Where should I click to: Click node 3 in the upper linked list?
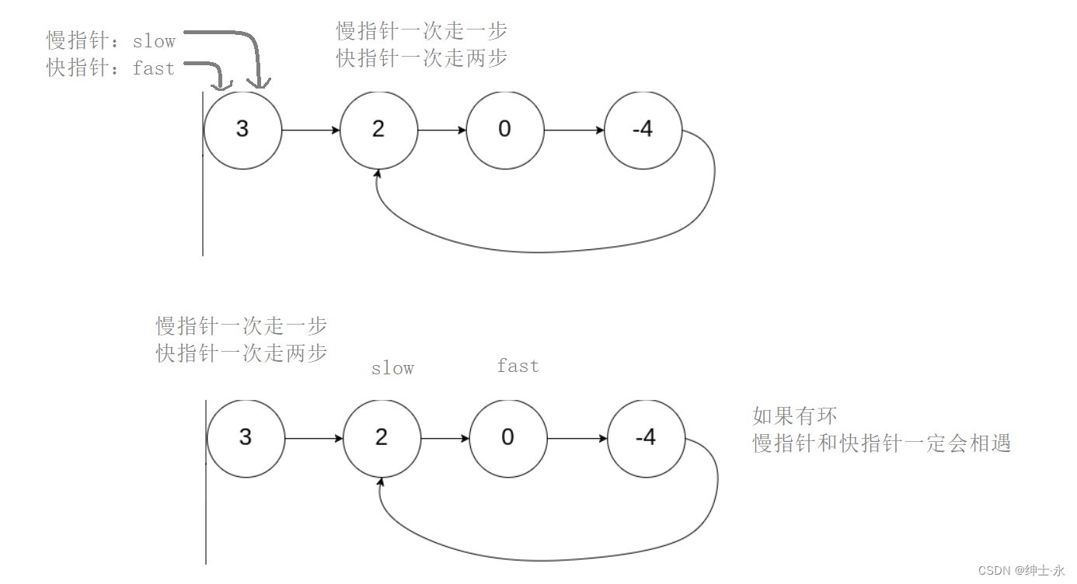pyautogui.click(x=242, y=130)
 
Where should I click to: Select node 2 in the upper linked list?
pyautogui.click(x=379, y=130)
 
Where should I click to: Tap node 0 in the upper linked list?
pyautogui.click(x=505, y=130)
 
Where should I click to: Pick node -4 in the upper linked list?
pyautogui.click(x=643, y=130)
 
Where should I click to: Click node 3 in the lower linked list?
pyautogui.click(x=246, y=438)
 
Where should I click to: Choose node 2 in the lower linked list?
pyautogui.click(x=382, y=438)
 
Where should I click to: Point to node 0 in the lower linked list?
pyautogui.click(x=508, y=438)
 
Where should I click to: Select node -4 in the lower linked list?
pyautogui.click(x=646, y=438)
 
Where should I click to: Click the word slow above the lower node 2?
pyautogui.click(x=392, y=368)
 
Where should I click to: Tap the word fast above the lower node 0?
pyautogui.click(x=518, y=366)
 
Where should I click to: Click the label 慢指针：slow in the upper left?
pyautogui.click(x=111, y=41)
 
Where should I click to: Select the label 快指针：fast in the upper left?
pyautogui.click(x=110, y=68)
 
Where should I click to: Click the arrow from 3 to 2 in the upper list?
pyautogui.click(x=311, y=130)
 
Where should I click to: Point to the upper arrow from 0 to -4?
pyautogui.click(x=574, y=130)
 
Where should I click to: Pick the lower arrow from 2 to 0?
pyautogui.click(x=444, y=439)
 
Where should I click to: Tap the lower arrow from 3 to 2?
pyautogui.click(x=314, y=439)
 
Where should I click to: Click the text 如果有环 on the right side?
pyautogui.click(x=794, y=416)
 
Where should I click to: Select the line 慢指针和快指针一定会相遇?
pyautogui.click(x=881, y=443)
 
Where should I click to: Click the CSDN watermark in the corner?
pyautogui.click(x=1021, y=571)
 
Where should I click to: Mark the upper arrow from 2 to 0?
pyautogui.click(x=442, y=130)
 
